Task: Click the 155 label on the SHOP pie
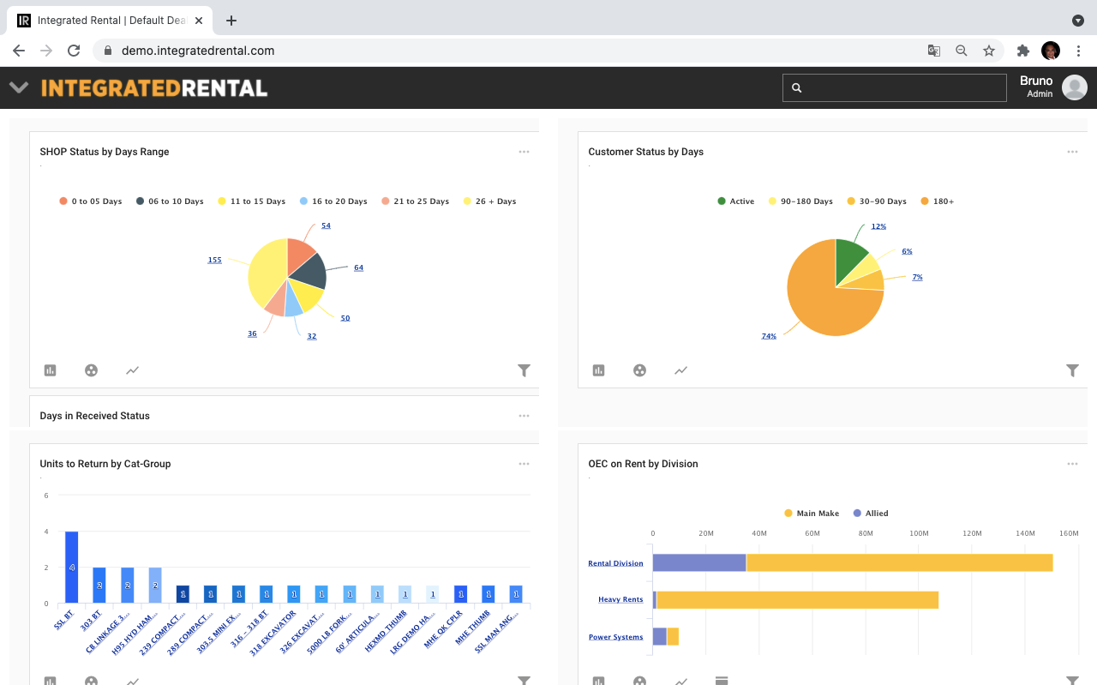click(x=214, y=260)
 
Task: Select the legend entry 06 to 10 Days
click(x=169, y=201)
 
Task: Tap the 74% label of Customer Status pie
click(x=769, y=336)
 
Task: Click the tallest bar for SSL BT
click(x=72, y=567)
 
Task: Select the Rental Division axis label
click(x=615, y=563)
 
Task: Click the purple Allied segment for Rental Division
click(x=698, y=562)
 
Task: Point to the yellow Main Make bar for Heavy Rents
click(x=797, y=599)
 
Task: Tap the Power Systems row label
click(x=615, y=637)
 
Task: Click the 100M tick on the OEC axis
click(x=919, y=533)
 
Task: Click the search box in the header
click(x=894, y=87)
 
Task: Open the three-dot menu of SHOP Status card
click(x=524, y=152)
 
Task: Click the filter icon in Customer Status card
click(x=1072, y=370)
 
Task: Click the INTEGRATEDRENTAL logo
click(x=154, y=87)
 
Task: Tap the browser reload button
click(x=74, y=51)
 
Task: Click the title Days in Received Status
click(x=94, y=416)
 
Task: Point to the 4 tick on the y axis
click(x=46, y=532)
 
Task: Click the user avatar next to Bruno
click(x=1074, y=87)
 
